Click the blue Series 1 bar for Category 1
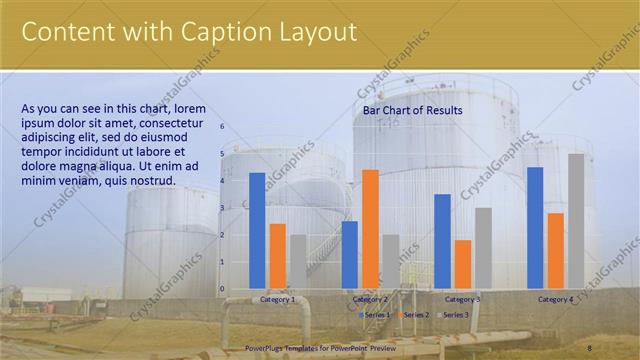point(257,231)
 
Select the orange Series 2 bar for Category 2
point(370,229)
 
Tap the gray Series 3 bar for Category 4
point(576,221)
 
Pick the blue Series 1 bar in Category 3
point(442,241)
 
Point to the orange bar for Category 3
point(462,264)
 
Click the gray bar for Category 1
point(298,261)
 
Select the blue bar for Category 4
point(535,228)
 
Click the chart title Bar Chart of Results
point(412,110)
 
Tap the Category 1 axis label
point(277,299)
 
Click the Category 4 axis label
point(555,299)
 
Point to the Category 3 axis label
point(462,299)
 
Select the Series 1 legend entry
point(376,315)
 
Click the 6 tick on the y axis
point(222,127)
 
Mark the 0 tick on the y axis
point(222,289)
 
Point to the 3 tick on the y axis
point(222,208)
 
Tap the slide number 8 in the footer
point(590,347)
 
